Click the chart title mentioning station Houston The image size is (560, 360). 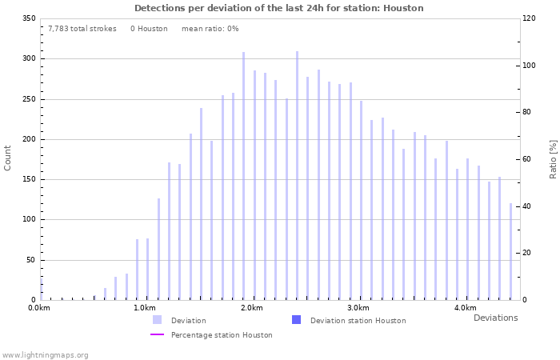click(x=279, y=8)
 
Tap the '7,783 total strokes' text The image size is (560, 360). click(x=82, y=29)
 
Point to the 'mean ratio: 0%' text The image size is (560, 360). click(x=210, y=29)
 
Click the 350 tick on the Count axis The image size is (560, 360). click(x=29, y=18)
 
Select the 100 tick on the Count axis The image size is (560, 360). click(x=29, y=219)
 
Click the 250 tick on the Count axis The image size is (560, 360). click(x=29, y=98)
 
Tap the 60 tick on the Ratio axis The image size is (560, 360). click(x=528, y=159)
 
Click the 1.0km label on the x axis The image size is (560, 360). click(x=144, y=308)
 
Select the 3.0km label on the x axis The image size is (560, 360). click(x=358, y=308)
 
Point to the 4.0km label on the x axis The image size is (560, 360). click(x=465, y=308)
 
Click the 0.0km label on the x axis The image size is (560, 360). click(x=39, y=308)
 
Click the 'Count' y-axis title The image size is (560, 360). click(x=8, y=158)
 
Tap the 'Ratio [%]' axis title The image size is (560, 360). click(x=553, y=158)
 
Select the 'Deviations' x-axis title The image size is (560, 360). click(x=495, y=318)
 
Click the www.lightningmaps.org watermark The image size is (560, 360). click(x=45, y=354)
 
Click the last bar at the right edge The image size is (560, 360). click(x=510, y=251)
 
